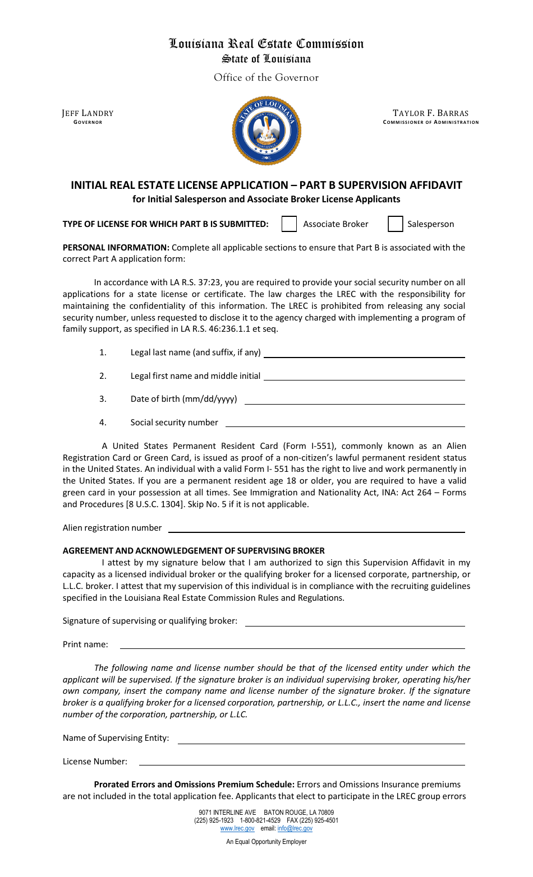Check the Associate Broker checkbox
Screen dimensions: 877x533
[289, 224]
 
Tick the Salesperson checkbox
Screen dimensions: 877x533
[396, 224]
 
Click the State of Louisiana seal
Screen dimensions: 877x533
[266, 131]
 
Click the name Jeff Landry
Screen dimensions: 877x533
[88, 113]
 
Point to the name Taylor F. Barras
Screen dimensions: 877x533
[430, 113]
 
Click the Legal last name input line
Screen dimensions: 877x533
[364, 354]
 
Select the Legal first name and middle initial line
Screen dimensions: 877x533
[364, 377]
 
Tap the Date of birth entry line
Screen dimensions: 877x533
[355, 400]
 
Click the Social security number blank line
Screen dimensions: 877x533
[345, 423]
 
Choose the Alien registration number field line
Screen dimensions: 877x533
[316, 528]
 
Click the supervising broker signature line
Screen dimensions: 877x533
[355, 622]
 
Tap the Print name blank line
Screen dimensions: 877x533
[292, 645]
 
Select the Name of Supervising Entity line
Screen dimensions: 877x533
[321, 739]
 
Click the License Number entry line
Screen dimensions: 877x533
[302, 762]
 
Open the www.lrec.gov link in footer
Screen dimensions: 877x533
[237, 828]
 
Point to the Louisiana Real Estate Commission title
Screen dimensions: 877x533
[266, 44]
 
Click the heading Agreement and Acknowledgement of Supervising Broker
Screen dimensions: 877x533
[194, 551]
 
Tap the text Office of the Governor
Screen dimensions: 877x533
[266, 77]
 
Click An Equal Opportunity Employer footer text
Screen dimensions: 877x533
[266, 842]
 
